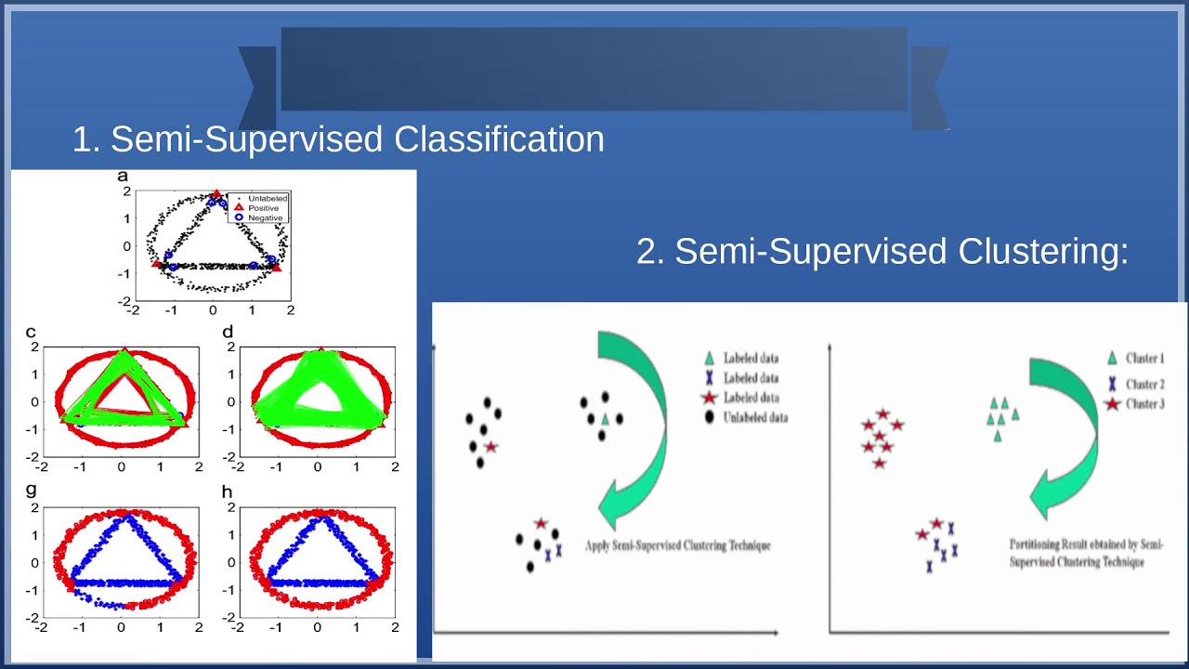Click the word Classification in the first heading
[x=499, y=139]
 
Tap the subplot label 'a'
[x=123, y=176]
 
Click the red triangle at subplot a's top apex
[x=216, y=194]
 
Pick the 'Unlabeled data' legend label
[x=755, y=418]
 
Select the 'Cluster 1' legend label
[x=1144, y=359]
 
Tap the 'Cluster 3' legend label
[x=1144, y=404]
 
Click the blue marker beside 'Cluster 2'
[x=1112, y=383]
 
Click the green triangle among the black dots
[x=605, y=420]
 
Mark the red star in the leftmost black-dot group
[x=490, y=447]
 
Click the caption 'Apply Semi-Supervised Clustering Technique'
[x=677, y=545]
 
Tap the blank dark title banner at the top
[x=594, y=69]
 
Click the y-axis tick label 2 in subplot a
[x=126, y=191]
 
